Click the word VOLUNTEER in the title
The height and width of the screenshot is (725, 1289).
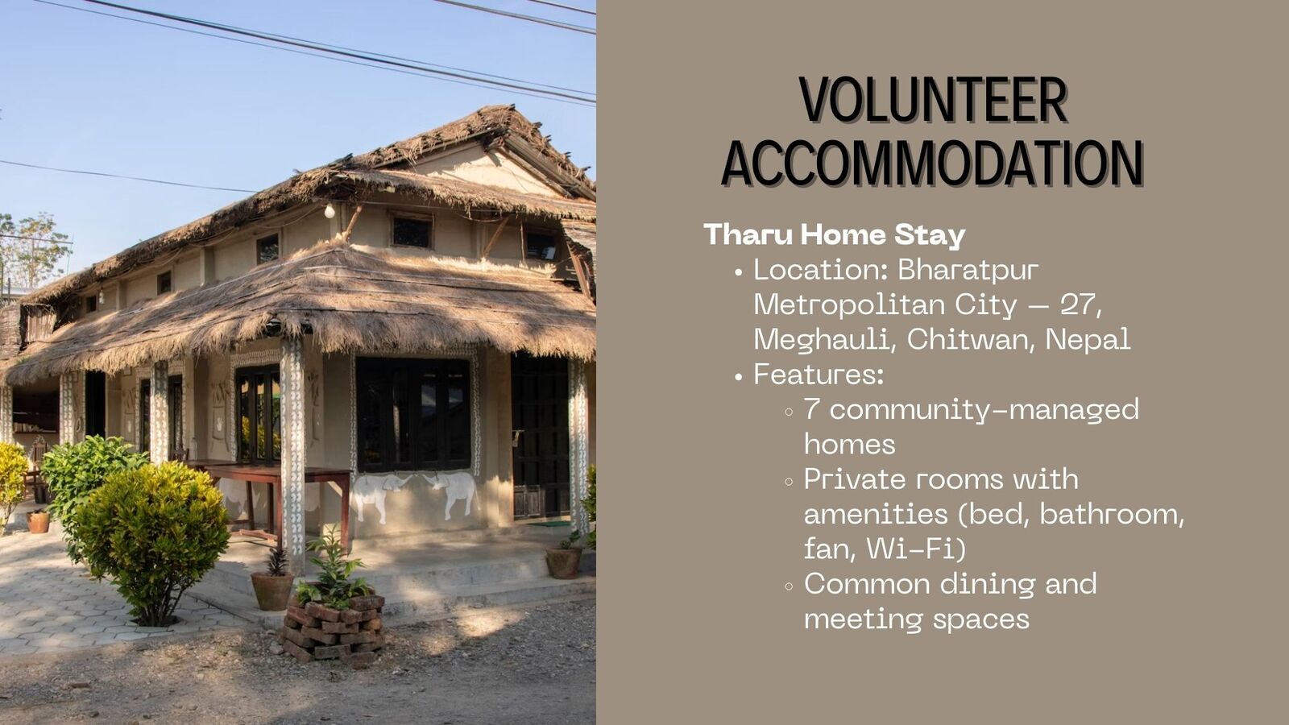click(933, 100)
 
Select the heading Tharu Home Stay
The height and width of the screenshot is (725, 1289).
click(835, 234)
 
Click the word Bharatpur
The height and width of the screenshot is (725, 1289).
click(968, 270)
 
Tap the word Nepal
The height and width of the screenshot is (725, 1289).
click(1088, 339)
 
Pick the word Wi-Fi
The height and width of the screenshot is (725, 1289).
click(915, 549)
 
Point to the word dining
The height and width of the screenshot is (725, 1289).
click(988, 585)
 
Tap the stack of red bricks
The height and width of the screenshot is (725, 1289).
click(334, 629)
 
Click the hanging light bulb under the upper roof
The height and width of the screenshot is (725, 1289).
click(330, 211)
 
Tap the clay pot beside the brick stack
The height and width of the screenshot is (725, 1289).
click(272, 590)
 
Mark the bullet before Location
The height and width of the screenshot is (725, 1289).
click(739, 273)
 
